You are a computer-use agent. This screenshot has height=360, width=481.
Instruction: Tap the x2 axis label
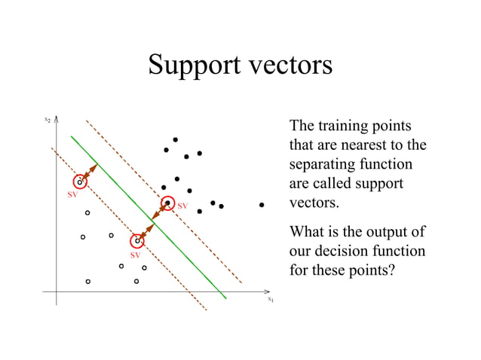pos(47,119)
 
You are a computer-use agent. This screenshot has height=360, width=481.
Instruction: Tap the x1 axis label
pos(270,299)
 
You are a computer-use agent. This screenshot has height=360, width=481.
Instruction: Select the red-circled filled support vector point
pos(167,203)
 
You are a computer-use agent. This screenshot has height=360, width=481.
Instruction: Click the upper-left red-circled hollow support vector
pos(80,182)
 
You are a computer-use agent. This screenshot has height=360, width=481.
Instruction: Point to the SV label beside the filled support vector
pos(182,206)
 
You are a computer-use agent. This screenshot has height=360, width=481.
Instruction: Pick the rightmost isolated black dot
pos(262,205)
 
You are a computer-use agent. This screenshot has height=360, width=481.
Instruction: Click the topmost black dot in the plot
pos(175,139)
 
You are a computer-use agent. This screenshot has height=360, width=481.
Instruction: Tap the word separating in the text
pos(322,164)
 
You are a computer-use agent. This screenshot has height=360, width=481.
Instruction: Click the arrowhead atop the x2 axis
pos(57,118)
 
